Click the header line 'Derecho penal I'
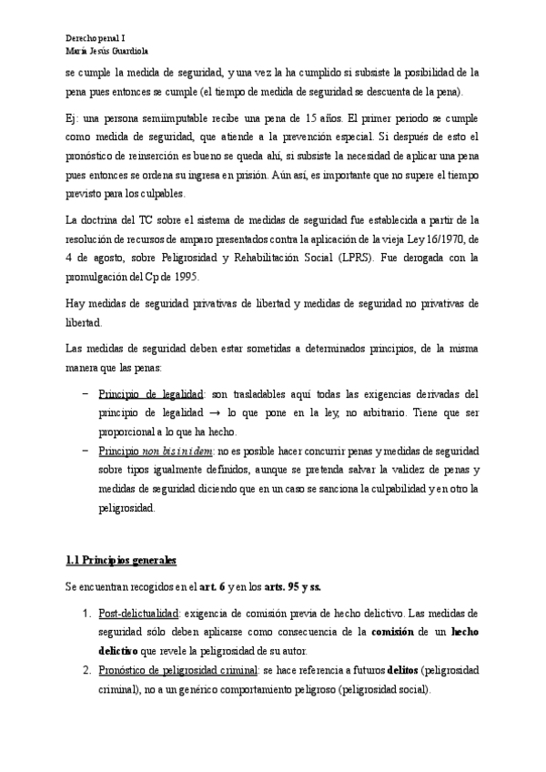point(96,38)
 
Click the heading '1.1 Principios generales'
point(122,558)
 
